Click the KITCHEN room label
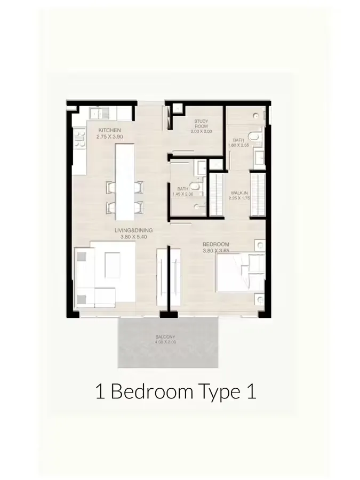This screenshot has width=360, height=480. (x=109, y=130)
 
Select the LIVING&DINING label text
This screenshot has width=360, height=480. (x=133, y=230)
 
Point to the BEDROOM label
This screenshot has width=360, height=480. (x=215, y=244)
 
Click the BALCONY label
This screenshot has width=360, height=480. (x=165, y=337)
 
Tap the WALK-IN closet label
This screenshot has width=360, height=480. (x=239, y=193)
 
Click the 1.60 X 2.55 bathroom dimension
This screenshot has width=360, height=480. (x=238, y=145)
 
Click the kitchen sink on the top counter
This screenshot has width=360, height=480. (x=99, y=113)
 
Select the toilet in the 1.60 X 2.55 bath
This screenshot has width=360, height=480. (x=257, y=139)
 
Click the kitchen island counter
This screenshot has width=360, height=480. (x=124, y=181)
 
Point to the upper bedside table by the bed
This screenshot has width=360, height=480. (x=259, y=246)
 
